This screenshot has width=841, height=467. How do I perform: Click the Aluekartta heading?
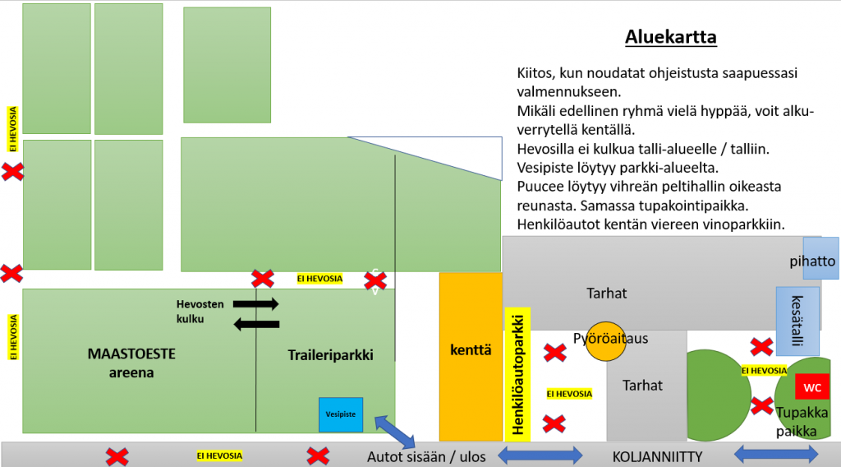point(671,37)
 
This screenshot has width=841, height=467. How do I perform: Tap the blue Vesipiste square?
point(341,414)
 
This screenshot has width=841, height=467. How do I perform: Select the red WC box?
point(812,387)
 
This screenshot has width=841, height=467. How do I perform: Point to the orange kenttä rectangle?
point(471,356)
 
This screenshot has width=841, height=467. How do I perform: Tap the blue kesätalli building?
point(797,321)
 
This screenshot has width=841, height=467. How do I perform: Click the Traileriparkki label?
point(330,355)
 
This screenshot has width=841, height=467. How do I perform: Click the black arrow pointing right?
point(256,304)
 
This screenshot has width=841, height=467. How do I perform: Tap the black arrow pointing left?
point(256,324)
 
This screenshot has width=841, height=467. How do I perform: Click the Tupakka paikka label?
point(802,422)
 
